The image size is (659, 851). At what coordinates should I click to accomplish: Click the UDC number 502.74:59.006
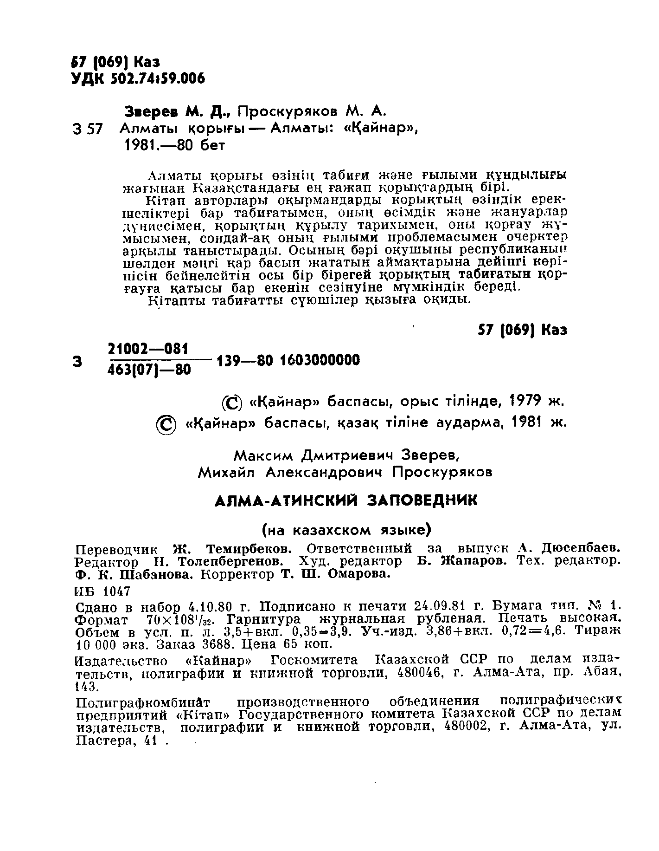pyautogui.click(x=158, y=79)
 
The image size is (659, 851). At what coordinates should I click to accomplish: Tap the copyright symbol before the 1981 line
pyautogui.click(x=166, y=425)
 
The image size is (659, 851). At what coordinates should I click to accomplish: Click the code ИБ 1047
pyautogui.click(x=102, y=591)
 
